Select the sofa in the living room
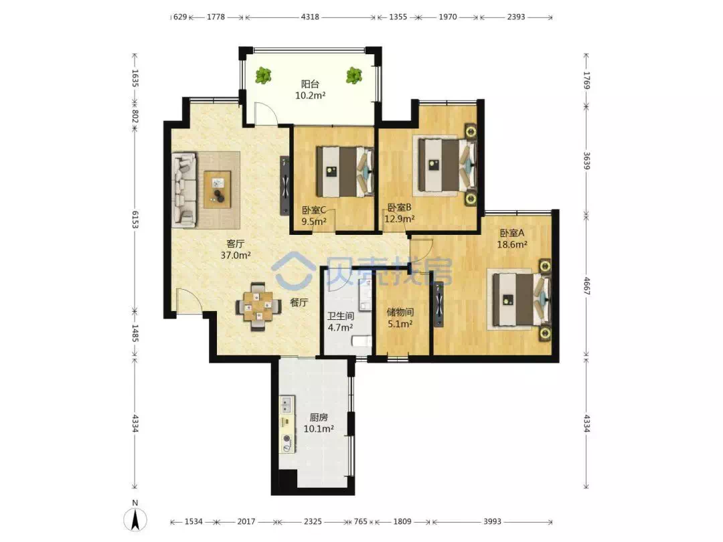tap(184, 190)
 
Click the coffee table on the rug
tap(217, 189)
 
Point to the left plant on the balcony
tap(263, 75)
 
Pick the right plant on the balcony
tap(354, 75)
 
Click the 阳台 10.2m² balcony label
tap(311, 90)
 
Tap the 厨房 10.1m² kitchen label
tap(319, 423)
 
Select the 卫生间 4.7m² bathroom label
tap(341, 322)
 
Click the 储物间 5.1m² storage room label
tap(400, 318)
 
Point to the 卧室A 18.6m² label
tap(512, 239)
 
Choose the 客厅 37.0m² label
tap(236, 250)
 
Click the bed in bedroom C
tap(345, 171)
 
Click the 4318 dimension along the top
tap(310, 17)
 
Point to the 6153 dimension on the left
tap(135, 219)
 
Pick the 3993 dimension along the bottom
tap(492, 521)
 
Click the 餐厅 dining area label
tap(299, 303)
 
